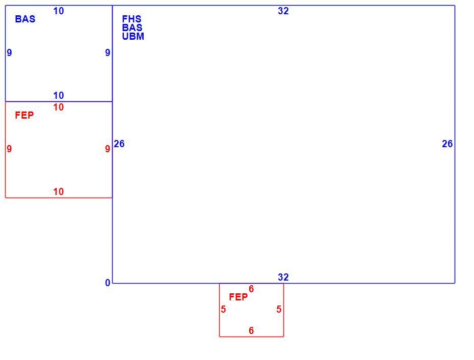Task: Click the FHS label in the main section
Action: point(132,19)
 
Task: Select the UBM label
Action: point(133,36)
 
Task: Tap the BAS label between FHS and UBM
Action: point(132,27)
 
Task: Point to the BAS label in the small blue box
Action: point(25,19)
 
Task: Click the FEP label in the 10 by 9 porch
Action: point(24,115)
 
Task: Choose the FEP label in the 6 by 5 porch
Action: point(238,297)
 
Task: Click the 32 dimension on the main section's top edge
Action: point(283,11)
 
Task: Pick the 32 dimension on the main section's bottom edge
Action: point(283,277)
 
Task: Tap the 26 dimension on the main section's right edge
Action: point(447,144)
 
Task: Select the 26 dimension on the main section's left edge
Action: point(119,144)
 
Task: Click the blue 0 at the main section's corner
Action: point(108,283)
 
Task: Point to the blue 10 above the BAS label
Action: point(59,11)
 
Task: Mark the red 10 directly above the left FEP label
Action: point(59,107)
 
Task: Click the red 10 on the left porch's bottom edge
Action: point(59,191)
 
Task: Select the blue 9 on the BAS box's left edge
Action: point(9,53)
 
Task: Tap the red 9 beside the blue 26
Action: point(108,149)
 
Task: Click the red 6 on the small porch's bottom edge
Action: point(251,330)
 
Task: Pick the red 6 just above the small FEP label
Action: point(251,289)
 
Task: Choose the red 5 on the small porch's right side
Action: point(279,309)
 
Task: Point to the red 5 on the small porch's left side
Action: point(223,309)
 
